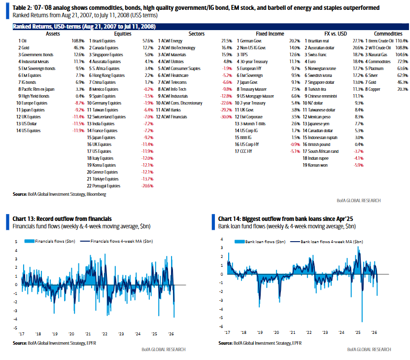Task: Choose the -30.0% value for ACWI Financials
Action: (226, 117)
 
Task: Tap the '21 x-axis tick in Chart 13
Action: (88, 333)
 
